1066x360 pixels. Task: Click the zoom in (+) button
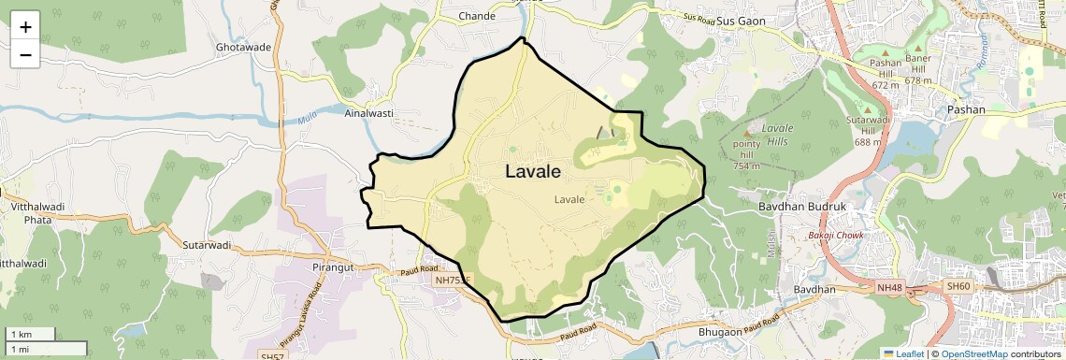coord(25,26)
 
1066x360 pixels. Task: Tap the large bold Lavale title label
coord(533,172)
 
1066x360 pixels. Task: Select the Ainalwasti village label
coord(367,113)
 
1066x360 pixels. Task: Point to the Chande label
coord(477,16)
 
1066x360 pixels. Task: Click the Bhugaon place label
coord(727,332)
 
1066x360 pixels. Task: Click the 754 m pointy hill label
coord(746,155)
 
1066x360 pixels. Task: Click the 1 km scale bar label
coord(21,334)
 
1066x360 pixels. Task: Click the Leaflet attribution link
coord(903,353)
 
